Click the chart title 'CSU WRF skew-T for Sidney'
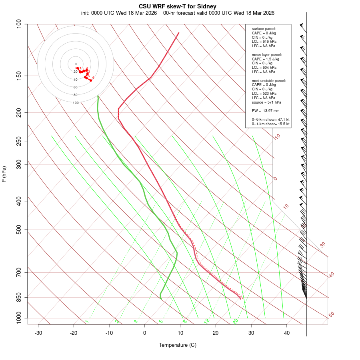coord(178,6)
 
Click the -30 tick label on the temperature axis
coord(38,332)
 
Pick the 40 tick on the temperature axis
coord(287,332)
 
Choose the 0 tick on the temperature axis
coord(145,332)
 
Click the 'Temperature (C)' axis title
coord(178,345)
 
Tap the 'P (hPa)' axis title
coord(4,174)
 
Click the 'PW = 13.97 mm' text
coord(265,111)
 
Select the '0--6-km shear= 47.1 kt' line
coord(270,119)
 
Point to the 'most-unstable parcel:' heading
coord(269,80)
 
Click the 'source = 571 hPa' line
coord(266,102)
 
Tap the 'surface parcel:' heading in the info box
coord(264,29)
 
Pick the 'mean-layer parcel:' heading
coord(267,54)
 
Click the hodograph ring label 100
coord(76,103)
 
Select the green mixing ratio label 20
coord(235,321)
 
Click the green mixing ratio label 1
coord(87,322)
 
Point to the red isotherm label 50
coord(331,315)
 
